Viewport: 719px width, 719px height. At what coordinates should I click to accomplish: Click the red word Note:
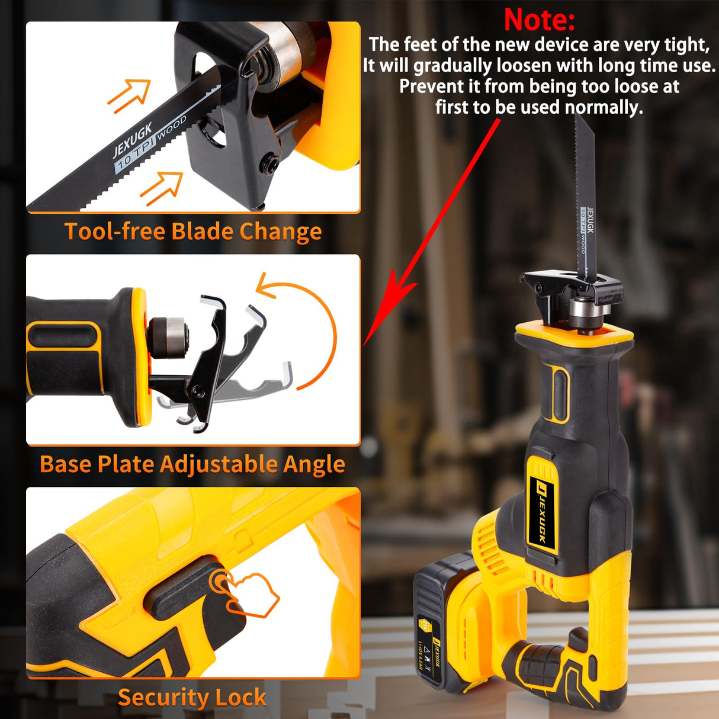539,20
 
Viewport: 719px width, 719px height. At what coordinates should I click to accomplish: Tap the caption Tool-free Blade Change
192,231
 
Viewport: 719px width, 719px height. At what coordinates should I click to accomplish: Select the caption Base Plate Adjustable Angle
192,464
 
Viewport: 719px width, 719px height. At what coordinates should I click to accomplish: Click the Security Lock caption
192,697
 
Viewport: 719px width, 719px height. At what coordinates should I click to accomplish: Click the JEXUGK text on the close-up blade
133,139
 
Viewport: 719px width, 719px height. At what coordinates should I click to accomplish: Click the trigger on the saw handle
577,643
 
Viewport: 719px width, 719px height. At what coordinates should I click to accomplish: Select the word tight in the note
687,45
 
